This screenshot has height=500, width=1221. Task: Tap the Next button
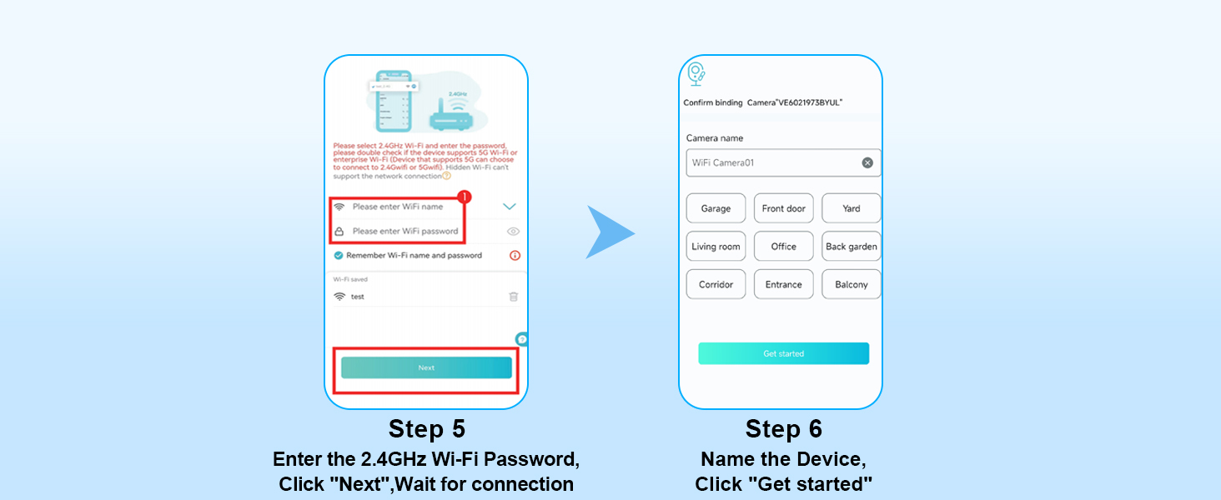pyautogui.click(x=426, y=367)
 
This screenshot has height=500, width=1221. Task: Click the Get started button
pyautogui.click(x=783, y=353)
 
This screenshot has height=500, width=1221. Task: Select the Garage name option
pyautogui.click(x=716, y=208)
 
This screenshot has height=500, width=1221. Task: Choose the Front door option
pyautogui.click(x=783, y=208)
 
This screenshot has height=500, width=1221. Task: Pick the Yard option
pyautogui.click(x=851, y=208)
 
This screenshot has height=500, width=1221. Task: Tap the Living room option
pyautogui.click(x=716, y=247)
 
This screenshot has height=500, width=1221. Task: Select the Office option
pyautogui.click(x=783, y=247)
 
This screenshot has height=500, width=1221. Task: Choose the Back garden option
pyautogui.click(x=851, y=247)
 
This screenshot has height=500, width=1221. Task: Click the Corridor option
pyautogui.click(x=716, y=284)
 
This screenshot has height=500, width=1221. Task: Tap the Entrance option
pyautogui.click(x=783, y=284)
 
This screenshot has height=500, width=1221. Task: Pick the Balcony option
pyautogui.click(x=851, y=284)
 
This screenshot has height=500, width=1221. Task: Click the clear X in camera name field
pyautogui.click(x=867, y=162)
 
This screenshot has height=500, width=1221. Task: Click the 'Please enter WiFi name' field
pyautogui.click(x=398, y=207)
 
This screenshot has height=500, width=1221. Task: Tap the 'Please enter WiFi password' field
pyautogui.click(x=404, y=231)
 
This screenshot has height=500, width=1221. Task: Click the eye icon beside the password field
pyautogui.click(x=513, y=232)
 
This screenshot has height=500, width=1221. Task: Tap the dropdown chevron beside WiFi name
pyautogui.click(x=510, y=207)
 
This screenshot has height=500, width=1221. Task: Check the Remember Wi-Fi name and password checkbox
pyautogui.click(x=339, y=256)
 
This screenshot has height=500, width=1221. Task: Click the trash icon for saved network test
pyautogui.click(x=513, y=297)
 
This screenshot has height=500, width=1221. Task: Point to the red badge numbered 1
pyautogui.click(x=465, y=197)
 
